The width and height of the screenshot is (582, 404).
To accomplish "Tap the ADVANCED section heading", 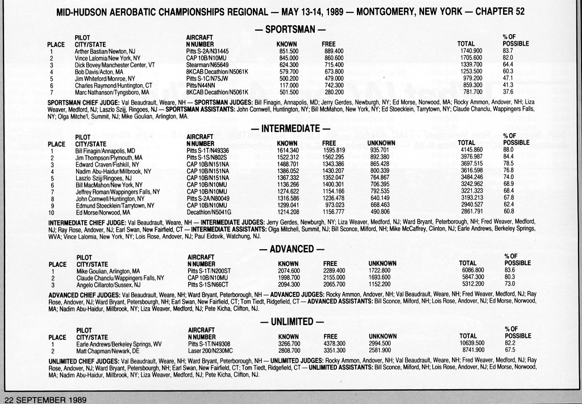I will click(291, 249).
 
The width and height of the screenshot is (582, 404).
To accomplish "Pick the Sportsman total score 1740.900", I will click(471, 51).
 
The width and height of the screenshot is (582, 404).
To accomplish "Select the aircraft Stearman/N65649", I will click(207, 65).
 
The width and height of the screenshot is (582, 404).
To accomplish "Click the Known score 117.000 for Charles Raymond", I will click(289, 85).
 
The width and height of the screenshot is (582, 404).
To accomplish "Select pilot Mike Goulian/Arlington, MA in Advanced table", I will click(107, 271).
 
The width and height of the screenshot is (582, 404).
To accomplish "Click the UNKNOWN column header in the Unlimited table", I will click(383, 336).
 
